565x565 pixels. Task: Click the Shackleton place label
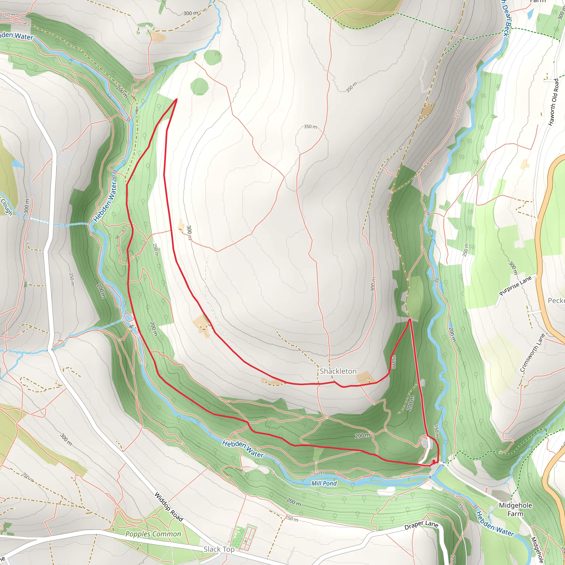pyautogui.click(x=338, y=371)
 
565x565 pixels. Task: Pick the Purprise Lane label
pyautogui.click(x=515, y=286)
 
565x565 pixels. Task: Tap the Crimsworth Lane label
pyautogui.click(x=532, y=353)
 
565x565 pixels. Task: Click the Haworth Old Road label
pyautogui.click(x=553, y=102)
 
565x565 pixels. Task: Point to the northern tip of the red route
pyautogui.click(x=177, y=99)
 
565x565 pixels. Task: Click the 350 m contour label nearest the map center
pyautogui.click(x=310, y=127)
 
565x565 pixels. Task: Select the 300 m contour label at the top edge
pyautogui.click(x=190, y=13)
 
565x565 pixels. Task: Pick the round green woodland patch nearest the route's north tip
pyautogui.click(x=199, y=87)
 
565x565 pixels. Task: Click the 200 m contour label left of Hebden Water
pyautogui.click(x=101, y=291)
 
